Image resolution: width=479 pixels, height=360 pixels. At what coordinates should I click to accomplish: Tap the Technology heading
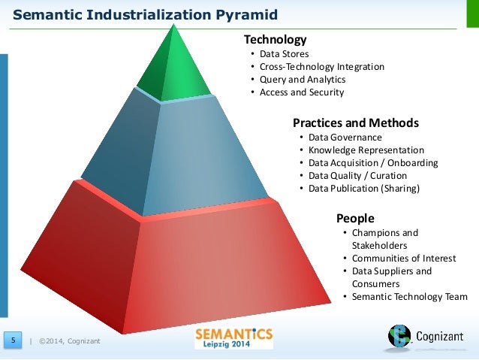(276, 39)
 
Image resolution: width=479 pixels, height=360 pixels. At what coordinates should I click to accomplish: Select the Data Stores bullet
(284, 54)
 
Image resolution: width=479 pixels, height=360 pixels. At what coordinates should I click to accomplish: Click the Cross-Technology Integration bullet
(321, 67)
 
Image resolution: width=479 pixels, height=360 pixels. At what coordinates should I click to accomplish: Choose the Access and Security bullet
(301, 92)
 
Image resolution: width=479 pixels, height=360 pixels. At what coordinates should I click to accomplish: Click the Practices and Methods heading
(355, 123)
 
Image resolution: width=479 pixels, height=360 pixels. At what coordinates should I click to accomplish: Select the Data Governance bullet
(345, 138)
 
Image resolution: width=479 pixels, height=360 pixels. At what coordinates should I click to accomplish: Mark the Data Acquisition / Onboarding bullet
(372, 163)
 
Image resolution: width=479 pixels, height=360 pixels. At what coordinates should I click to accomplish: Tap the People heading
(355, 219)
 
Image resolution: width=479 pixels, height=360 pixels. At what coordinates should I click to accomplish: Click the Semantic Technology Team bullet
(409, 297)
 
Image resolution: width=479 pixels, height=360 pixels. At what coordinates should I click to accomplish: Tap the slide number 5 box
(13, 342)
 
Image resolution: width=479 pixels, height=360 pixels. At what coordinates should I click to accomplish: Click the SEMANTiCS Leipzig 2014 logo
(233, 337)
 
